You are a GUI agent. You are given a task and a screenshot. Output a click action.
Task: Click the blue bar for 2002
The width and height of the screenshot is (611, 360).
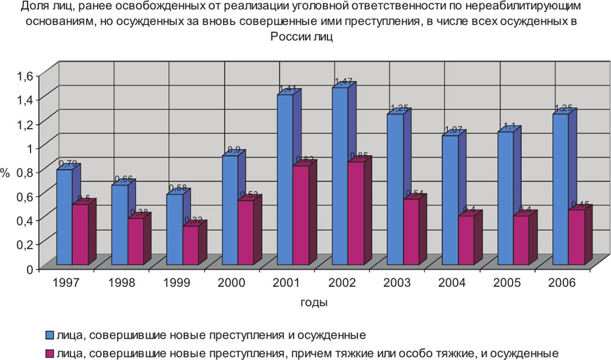pos(340,177)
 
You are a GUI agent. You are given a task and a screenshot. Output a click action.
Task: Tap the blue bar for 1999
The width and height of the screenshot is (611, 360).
pos(175,230)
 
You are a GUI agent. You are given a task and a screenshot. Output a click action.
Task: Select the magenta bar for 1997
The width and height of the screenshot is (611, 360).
pos(80,235)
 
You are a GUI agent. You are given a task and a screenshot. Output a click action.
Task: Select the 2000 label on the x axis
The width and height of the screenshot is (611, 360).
pos(232,282)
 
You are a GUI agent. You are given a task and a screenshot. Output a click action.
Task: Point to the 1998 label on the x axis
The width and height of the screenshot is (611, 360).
pos(122,282)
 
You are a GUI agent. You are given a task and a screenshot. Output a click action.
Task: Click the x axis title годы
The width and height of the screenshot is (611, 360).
pos(314,303)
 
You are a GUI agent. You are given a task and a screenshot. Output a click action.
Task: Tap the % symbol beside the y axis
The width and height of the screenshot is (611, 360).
pos(5,172)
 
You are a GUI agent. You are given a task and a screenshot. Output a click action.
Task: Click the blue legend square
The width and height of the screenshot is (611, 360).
pos(49,335)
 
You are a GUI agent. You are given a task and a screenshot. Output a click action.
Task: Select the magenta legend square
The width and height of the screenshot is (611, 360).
pos(49,353)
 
